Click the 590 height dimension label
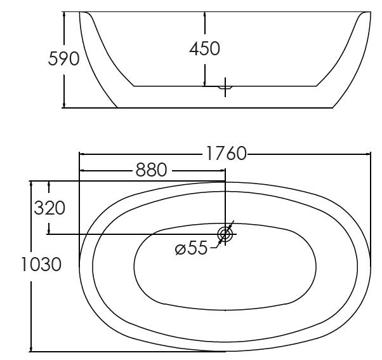(x=63, y=59)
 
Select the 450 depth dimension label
(x=204, y=48)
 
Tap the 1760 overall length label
(x=227, y=154)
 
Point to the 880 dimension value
(x=151, y=170)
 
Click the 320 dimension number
(x=49, y=208)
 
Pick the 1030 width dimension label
(x=41, y=264)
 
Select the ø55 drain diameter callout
(x=191, y=248)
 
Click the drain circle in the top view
(x=225, y=234)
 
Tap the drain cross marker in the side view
(x=225, y=87)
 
